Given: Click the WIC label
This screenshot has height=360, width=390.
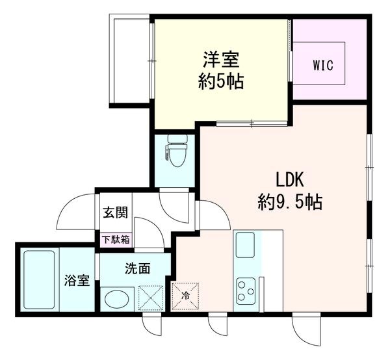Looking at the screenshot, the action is [323, 66].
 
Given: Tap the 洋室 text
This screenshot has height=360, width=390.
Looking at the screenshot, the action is [221, 59].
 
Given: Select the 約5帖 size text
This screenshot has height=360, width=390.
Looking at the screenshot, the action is [220, 81].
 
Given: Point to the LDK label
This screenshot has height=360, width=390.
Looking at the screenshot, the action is [290, 179].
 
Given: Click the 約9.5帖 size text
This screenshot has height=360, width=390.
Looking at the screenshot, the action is [290, 201].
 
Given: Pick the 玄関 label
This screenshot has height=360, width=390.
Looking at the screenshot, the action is [116, 212].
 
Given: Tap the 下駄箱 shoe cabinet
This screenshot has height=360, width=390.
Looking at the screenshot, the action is [116, 240].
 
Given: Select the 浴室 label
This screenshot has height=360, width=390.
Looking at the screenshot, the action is [77, 280].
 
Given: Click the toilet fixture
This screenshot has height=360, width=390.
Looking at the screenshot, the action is [177, 150].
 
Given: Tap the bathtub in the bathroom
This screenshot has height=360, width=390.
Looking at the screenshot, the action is [39, 279].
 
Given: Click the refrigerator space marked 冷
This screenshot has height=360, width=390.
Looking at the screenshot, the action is [185, 296].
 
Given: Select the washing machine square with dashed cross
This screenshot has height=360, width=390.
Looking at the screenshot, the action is [151, 298].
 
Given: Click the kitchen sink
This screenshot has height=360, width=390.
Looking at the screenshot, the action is [245, 245].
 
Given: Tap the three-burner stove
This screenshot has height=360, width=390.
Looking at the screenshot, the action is [246, 291].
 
